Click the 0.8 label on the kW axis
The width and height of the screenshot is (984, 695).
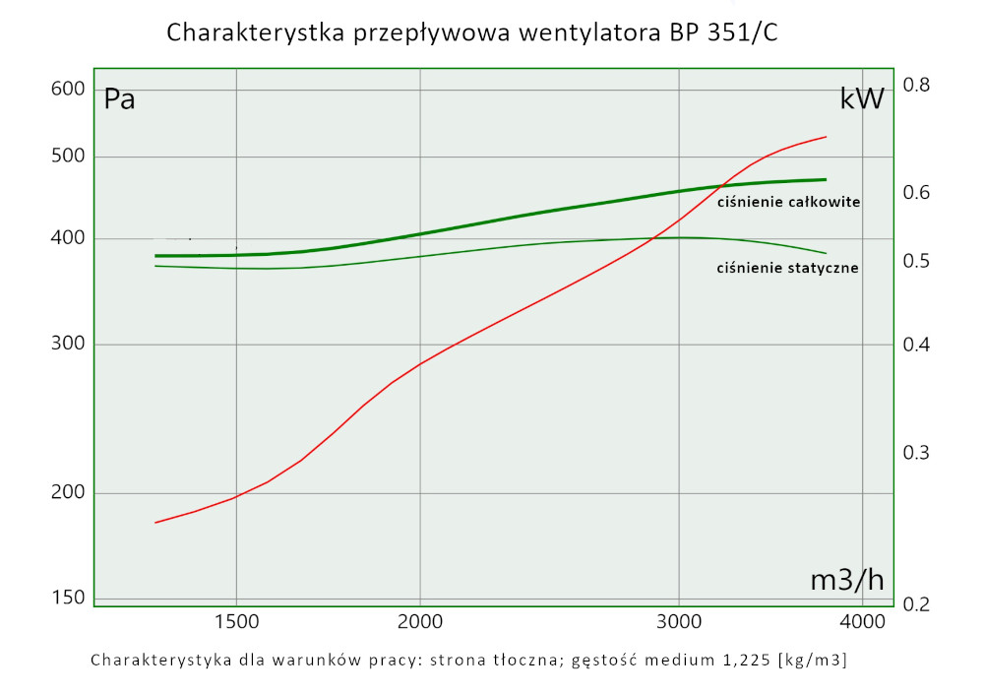pos(916,86)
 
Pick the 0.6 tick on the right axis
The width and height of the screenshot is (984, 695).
pos(916,192)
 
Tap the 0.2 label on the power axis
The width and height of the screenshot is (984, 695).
pos(916,604)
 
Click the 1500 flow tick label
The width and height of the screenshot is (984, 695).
pos(236,621)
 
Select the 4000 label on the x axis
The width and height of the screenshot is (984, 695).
pos(862,621)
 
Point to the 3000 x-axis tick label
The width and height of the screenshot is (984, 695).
pos(680,621)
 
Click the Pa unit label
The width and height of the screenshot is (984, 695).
pos(120,99)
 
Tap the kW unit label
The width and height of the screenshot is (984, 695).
pos(862,98)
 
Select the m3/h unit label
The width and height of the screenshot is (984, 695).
pos(846,580)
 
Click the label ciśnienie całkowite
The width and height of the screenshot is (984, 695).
pos(788,202)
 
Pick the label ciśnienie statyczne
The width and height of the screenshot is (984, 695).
pos(787,267)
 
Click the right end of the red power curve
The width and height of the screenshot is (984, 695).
pos(826,137)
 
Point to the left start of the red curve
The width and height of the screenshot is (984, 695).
pos(155,522)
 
